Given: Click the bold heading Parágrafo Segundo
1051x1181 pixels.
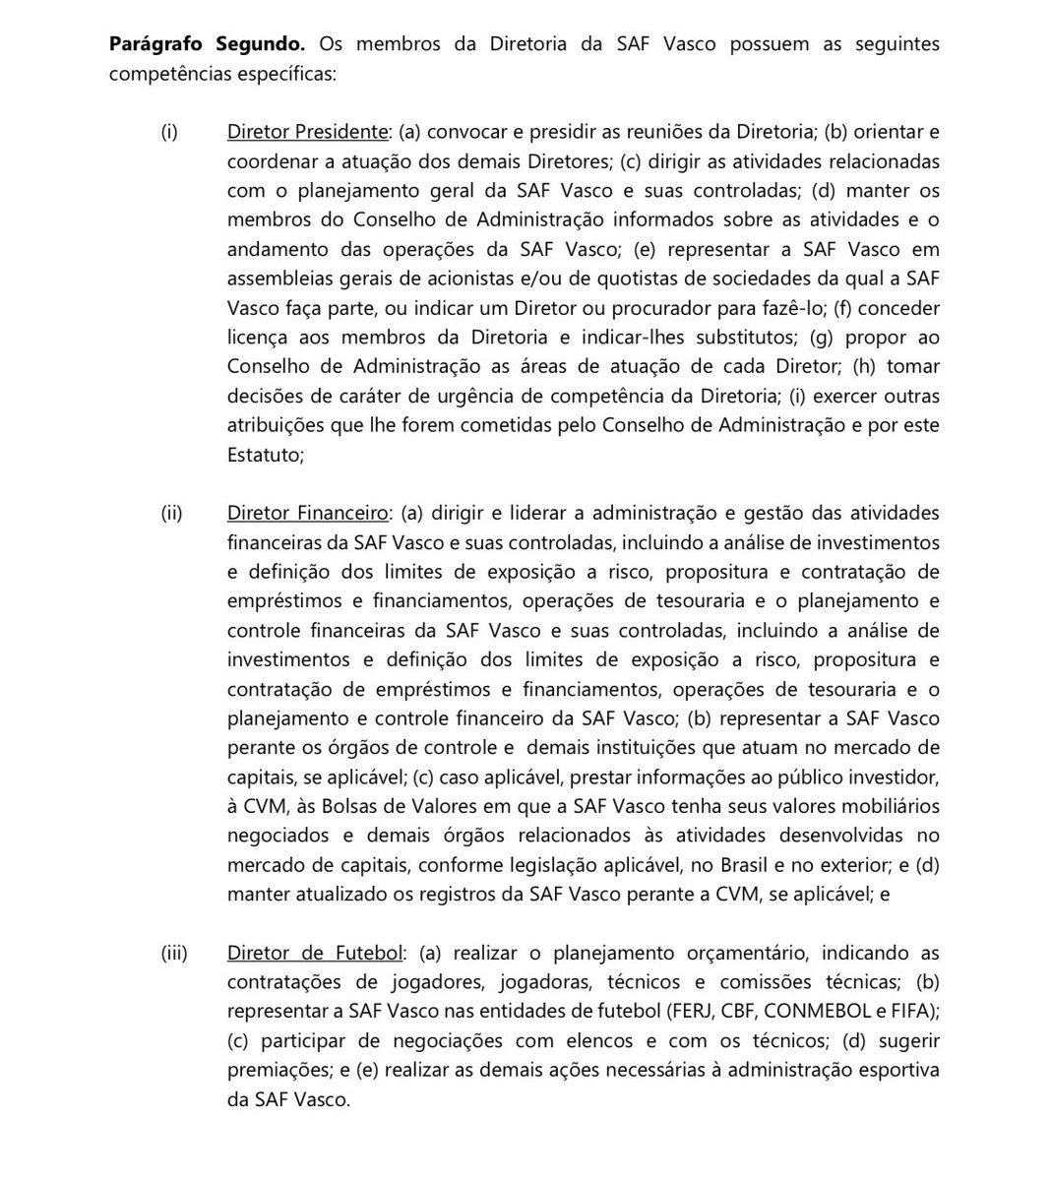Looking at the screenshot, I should pyautogui.click(x=208, y=44).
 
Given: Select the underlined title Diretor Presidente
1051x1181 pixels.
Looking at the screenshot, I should pyautogui.click(x=307, y=131).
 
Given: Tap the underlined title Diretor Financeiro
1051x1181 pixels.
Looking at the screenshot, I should pyautogui.click(x=307, y=513).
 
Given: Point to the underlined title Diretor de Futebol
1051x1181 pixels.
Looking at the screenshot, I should pyautogui.click(x=315, y=953).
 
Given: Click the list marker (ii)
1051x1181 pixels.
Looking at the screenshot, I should pyautogui.click(x=172, y=513).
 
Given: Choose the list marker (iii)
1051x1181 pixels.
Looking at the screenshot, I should pyautogui.click(x=174, y=953).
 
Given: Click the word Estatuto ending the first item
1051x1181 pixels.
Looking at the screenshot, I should pyautogui.click(x=263, y=455).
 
